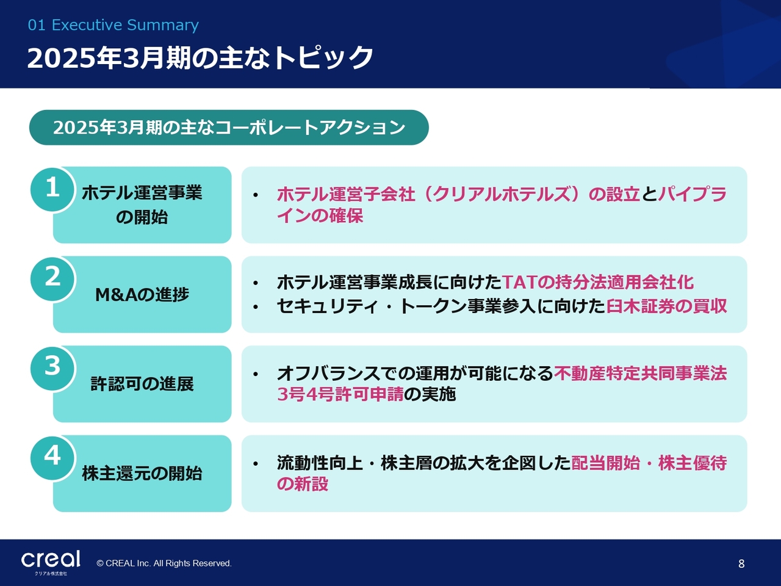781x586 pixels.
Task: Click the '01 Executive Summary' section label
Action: tap(113, 25)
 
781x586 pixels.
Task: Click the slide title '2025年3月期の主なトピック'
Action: tap(200, 57)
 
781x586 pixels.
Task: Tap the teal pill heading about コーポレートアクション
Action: tap(229, 128)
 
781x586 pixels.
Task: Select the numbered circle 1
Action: tap(52, 189)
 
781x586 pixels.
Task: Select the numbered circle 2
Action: tap(52, 278)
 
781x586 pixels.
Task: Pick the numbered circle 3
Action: tap(52, 368)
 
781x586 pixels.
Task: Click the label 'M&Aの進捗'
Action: tap(142, 295)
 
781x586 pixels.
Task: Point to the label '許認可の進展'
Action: tap(142, 384)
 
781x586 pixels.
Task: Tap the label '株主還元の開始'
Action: tap(142, 474)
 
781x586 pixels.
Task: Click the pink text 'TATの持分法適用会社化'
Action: tap(597, 283)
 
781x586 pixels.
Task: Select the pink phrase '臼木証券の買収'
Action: tap(666, 306)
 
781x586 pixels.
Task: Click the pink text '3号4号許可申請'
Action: tap(340, 394)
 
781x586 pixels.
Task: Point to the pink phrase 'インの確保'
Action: tap(320, 215)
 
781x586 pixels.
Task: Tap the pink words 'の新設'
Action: tap(303, 484)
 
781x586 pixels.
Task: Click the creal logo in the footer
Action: tap(51, 562)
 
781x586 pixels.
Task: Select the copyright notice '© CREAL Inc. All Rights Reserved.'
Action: tap(164, 563)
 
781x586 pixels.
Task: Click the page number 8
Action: tap(741, 563)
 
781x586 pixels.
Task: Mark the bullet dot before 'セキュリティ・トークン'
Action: tap(256, 306)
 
